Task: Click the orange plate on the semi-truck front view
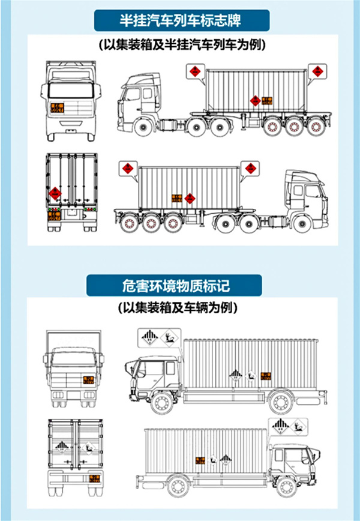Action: click(57, 108)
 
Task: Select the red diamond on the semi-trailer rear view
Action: click(56, 193)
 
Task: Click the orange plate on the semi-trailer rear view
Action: click(55, 214)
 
